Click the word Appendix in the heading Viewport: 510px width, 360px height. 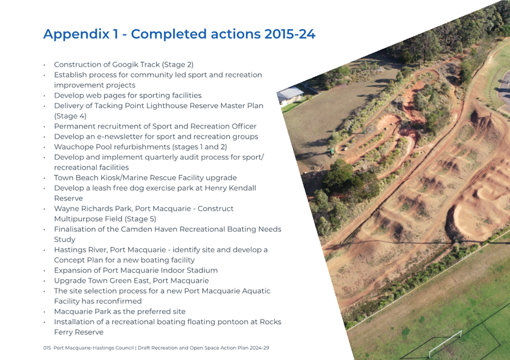click(x=76, y=34)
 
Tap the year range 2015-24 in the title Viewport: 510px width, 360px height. click(x=290, y=34)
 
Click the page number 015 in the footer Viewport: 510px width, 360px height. click(x=47, y=348)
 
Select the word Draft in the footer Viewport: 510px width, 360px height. click(x=143, y=348)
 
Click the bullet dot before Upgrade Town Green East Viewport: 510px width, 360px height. click(x=44, y=281)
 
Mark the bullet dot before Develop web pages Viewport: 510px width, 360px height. click(x=44, y=96)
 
